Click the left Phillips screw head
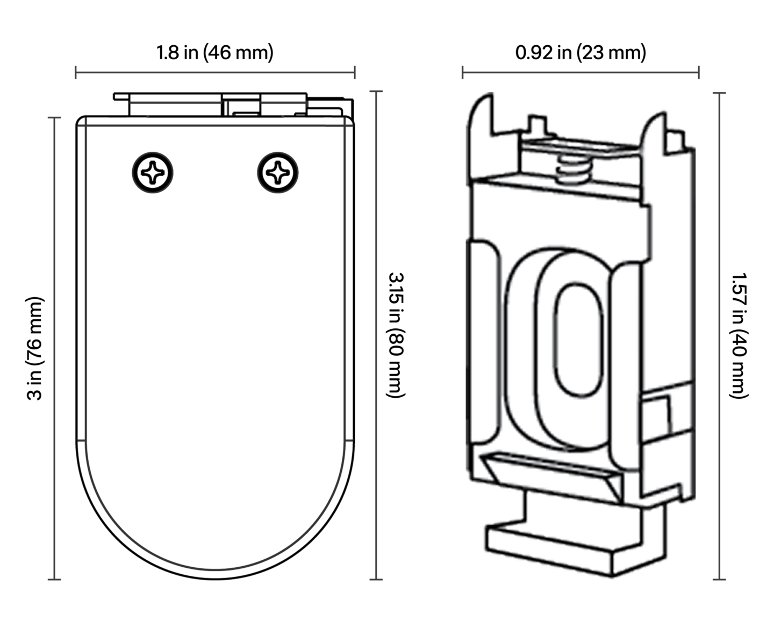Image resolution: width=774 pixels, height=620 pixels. (x=153, y=173)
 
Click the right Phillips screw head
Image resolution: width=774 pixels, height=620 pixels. (x=278, y=173)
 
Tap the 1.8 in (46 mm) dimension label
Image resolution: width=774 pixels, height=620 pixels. (x=214, y=53)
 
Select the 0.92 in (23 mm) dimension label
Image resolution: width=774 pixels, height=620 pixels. (x=580, y=53)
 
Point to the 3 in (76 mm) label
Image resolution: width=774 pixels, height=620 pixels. (x=35, y=348)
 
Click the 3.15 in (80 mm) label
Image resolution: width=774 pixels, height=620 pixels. (x=396, y=335)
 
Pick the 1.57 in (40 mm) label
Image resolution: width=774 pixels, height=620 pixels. (x=739, y=336)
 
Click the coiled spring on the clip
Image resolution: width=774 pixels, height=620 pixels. (x=574, y=167)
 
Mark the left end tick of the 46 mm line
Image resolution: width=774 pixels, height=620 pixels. (x=76, y=72)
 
